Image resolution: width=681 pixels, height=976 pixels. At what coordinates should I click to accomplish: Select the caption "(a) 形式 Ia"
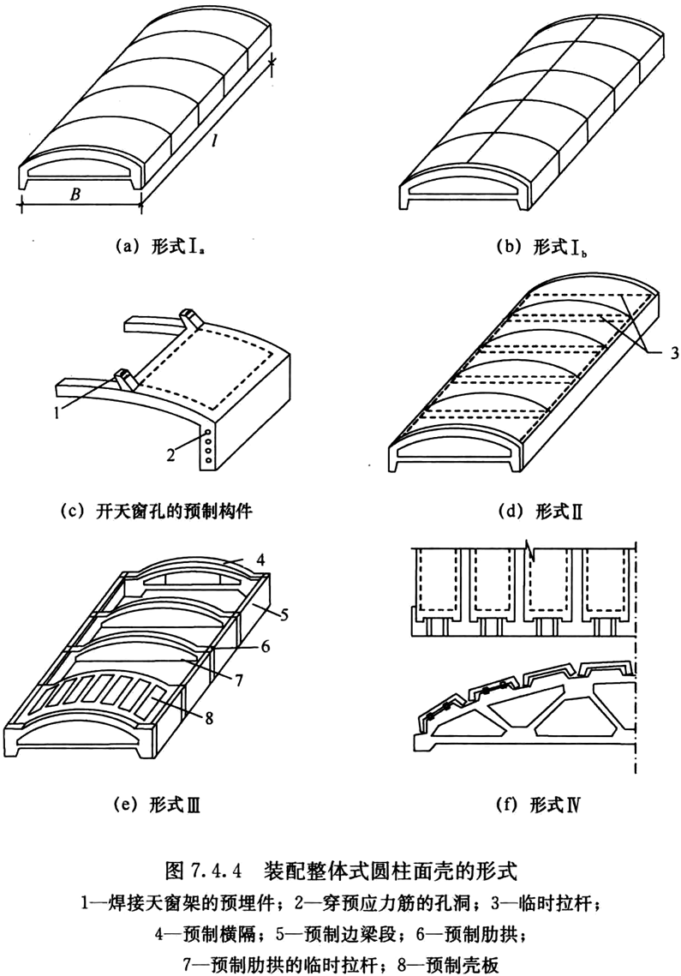[x=158, y=246]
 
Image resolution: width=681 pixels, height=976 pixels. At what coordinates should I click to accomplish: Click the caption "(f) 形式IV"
[x=538, y=805]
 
